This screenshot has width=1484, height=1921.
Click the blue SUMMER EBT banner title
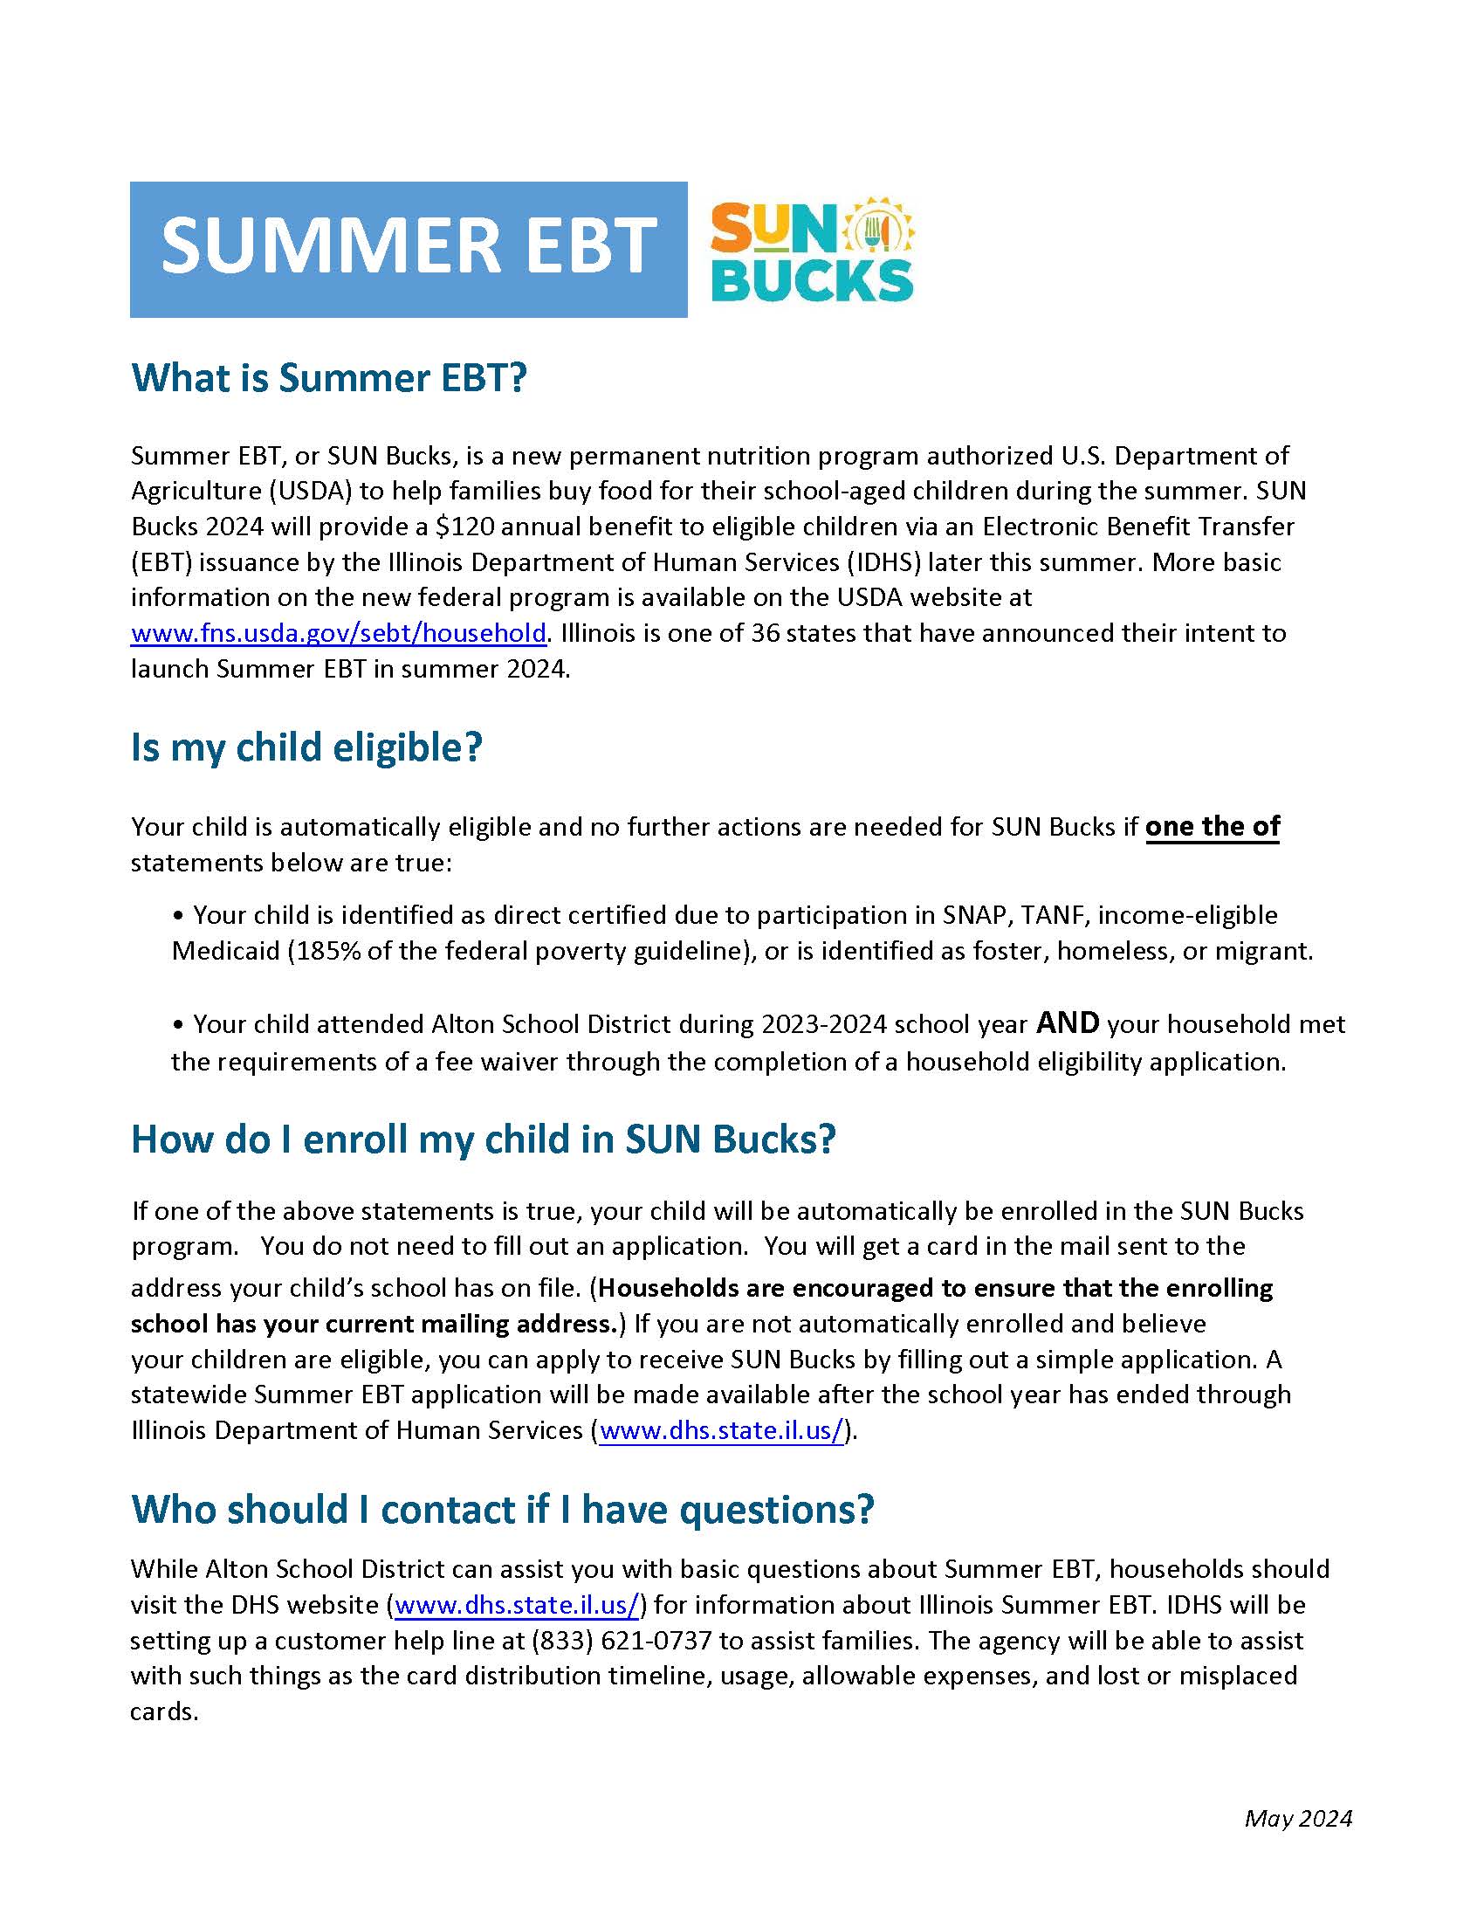click(409, 247)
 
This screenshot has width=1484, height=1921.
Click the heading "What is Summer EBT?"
click(329, 378)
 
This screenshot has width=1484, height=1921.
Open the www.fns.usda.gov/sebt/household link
click(339, 633)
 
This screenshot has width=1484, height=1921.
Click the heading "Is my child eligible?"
click(306, 747)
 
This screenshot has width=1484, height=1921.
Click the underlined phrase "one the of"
click(1213, 827)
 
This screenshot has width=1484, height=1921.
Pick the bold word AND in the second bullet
click(1068, 1023)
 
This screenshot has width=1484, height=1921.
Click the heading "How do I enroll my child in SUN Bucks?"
click(483, 1140)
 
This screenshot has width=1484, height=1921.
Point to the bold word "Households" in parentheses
click(669, 1289)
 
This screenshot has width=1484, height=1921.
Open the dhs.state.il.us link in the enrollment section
click(722, 1431)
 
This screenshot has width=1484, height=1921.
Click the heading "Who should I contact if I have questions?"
click(503, 1510)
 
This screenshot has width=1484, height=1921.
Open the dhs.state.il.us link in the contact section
click(517, 1605)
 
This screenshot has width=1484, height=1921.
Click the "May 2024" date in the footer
click(1297, 1819)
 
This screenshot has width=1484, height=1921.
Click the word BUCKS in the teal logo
click(814, 280)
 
